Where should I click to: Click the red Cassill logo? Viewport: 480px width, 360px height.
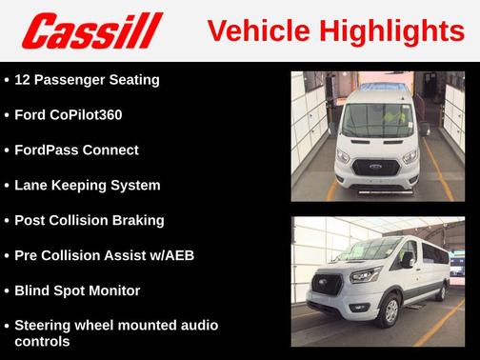[x=91, y=31]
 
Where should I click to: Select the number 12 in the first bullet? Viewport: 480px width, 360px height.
[x=24, y=79]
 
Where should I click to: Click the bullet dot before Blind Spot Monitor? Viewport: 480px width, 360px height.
[x=7, y=291]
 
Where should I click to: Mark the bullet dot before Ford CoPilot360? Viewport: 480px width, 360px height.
[x=7, y=115]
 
